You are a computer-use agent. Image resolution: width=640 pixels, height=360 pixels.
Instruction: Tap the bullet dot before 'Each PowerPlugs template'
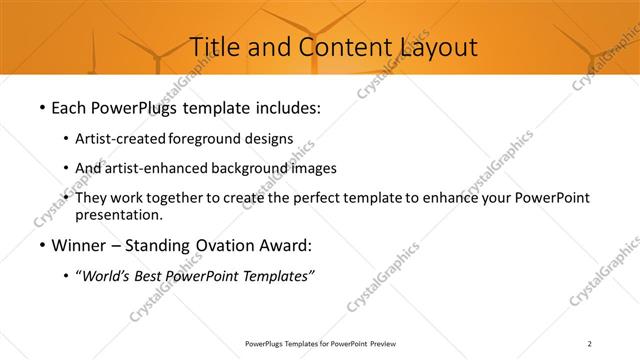[41, 105]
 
